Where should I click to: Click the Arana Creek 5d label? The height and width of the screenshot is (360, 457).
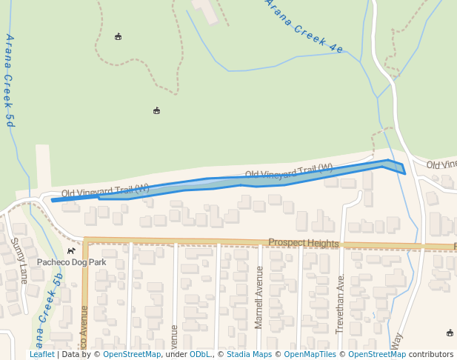(10, 81)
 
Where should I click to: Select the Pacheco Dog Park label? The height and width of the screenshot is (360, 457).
(72, 262)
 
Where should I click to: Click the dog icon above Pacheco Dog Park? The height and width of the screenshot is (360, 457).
(71, 251)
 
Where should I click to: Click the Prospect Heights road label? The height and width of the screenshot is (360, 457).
(303, 243)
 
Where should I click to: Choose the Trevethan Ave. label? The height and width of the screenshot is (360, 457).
(340, 304)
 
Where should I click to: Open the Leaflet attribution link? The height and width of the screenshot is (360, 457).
(41, 355)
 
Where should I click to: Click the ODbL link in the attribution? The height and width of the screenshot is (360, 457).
(200, 355)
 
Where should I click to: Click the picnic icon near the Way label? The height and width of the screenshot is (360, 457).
(450, 333)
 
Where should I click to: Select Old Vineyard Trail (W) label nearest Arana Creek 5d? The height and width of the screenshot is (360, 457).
(105, 190)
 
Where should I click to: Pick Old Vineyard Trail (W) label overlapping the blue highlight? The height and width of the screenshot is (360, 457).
(289, 173)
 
